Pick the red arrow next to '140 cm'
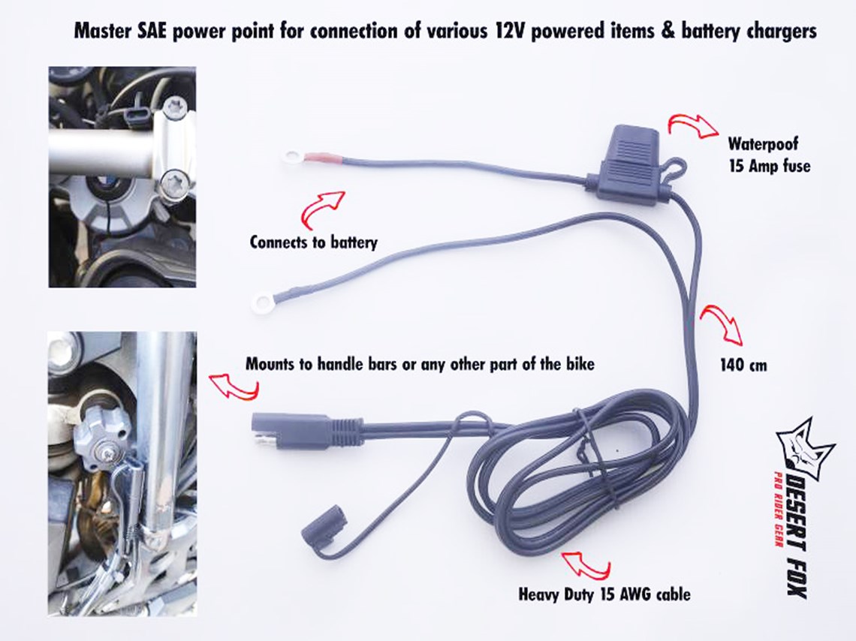[722, 324]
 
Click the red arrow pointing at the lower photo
[235, 386]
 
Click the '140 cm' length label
[743, 365]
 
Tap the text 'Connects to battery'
[313, 242]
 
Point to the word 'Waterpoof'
[763, 143]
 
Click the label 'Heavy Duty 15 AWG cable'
[604, 594]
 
